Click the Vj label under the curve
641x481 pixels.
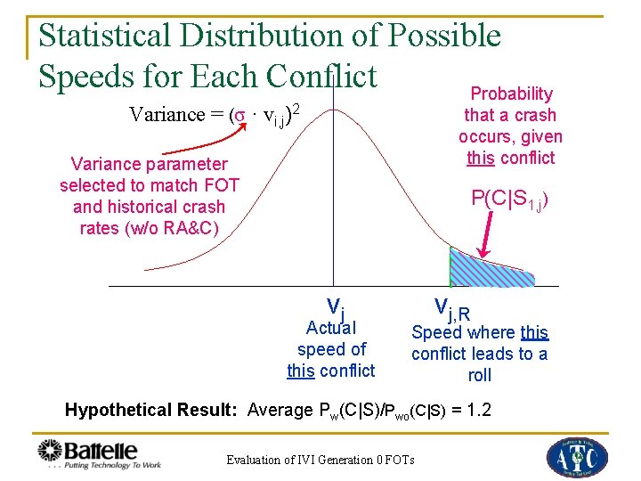tap(335, 308)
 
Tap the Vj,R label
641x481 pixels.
tap(452, 308)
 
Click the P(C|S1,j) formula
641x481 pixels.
tap(508, 200)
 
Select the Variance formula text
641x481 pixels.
tap(213, 114)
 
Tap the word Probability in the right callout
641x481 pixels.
tap(511, 94)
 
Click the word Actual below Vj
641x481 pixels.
tap(330, 328)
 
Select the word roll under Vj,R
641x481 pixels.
tap(479, 375)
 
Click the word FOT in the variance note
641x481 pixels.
tap(222, 185)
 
